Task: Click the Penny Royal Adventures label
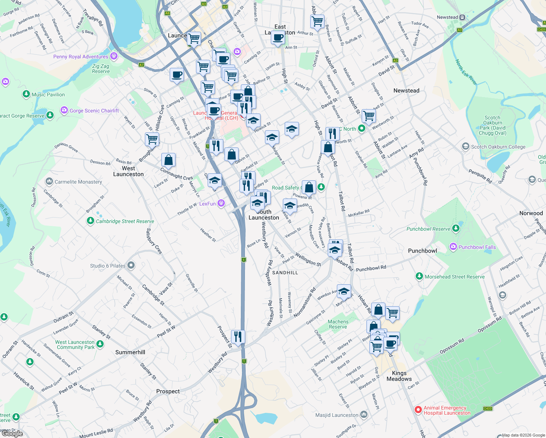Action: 81,57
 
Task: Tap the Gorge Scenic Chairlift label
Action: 94,111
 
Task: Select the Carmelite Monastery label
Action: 78,182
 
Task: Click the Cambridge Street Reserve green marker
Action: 91,221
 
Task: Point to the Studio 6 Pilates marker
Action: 131,265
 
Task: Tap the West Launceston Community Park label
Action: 75,345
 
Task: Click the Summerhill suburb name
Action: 130,352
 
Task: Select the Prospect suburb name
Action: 168,391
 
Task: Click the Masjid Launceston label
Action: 337,415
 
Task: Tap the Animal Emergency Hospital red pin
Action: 418,410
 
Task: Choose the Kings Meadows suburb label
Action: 399,376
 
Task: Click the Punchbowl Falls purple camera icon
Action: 453,247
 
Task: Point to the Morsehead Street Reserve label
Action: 455,277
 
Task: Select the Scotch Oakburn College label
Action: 498,147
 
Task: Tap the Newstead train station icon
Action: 462,17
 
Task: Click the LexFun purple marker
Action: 221,203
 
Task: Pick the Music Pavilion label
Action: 48,95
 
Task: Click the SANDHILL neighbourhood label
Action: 285,273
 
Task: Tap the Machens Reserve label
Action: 338,324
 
